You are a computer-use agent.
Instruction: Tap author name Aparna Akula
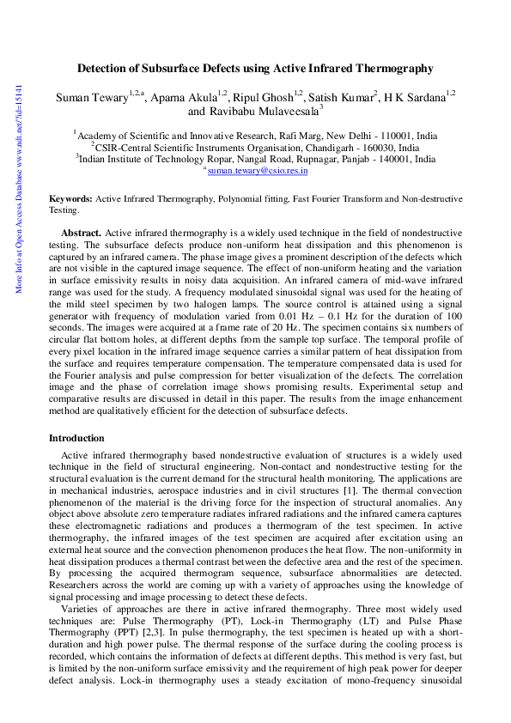point(183,97)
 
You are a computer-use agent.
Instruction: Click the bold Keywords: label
point(71,198)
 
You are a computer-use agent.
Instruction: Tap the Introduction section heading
point(76,438)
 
